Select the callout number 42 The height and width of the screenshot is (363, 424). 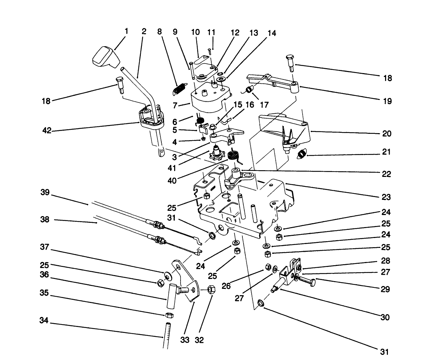pyautogui.click(x=47, y=131)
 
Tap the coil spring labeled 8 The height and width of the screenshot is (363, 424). pyautogui.click(x=180, y=88)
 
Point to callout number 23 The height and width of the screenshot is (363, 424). pyautogui.click(x=386, y=197)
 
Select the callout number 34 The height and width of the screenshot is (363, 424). pyautogui.click(x=44, y=322)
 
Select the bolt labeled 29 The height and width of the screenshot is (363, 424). pyautogui.click(x=306, y=280)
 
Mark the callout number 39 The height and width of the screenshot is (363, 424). pyautogui.click(x=45, y=193)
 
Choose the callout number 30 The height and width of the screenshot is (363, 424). pyautogui.click(x=385, y=317)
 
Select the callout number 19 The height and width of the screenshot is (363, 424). pyautogui.click(x=387, y=101)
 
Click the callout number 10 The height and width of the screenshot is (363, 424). pyautogui.click(x=195, y=32)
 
